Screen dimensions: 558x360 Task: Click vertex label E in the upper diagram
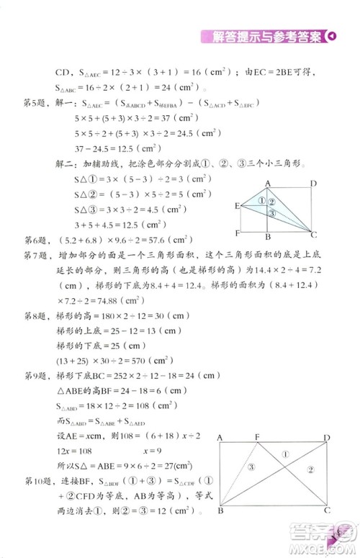pyautogui.click(x=236, y=205)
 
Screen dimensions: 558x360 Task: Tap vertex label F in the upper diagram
pyautogui.click(x=237, y=233)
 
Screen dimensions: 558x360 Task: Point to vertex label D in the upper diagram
pyautogui.click(x=313, y=184)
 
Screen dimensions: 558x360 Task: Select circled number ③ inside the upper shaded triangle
pyautogui.click(x=271, y=213)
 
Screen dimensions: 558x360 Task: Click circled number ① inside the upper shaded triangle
pyautogui.click(x=262, y=202)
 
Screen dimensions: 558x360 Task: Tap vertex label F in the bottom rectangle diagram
pyautogui.click(x=258, y=436)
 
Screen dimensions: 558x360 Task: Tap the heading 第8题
pyautogui.click(x=37, y=315)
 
